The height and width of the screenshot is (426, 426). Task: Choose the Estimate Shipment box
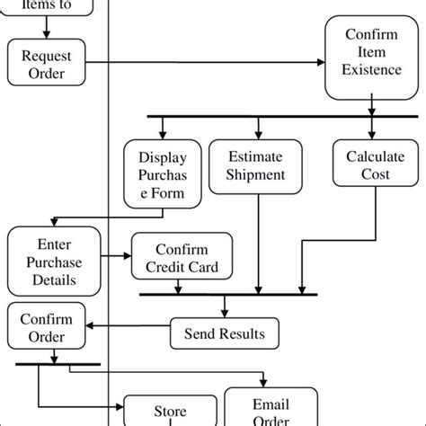tap(257, 165)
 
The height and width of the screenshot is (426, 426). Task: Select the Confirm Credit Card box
tap(182, 259)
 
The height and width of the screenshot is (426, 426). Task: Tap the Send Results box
tap(224, 334)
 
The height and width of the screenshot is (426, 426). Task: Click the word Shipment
tap(257, 175)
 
